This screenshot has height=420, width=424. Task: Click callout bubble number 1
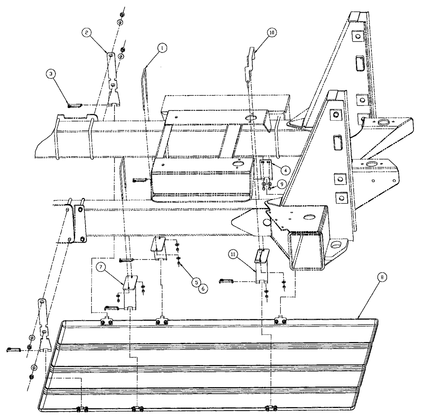click(x=161, y=49)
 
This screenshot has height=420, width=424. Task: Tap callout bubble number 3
click(x=51, y=74)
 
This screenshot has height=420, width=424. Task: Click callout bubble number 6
click(x=202, y=287)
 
